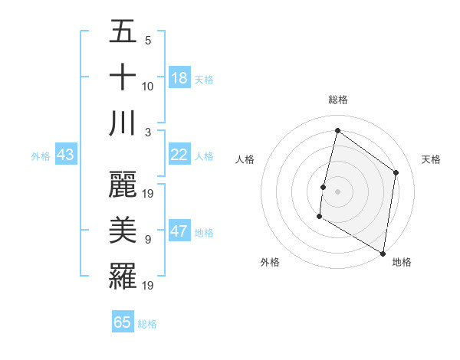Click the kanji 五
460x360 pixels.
click(x=123, y=32)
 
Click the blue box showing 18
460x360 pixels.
click(x=179, y=77)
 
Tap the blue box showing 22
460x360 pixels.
click(x=179, y=154)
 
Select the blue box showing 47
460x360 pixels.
click(x=179, y=231)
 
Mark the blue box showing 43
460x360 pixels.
click(x=65, y=154)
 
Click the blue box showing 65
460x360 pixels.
click(x=123, y=322)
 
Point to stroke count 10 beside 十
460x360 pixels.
click(x=148, y=87)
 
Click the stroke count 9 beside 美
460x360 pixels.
click(x=148, y=240)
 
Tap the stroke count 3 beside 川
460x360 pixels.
click(x=148, y=132)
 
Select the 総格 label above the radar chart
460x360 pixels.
click(x=337, y=100)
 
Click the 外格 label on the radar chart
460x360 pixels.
click(x=270, y=262)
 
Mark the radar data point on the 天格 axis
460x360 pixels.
click(x=396, y=172)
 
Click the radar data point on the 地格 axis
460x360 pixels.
click(x=383, y=253)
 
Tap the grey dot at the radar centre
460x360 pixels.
click(x=337, y=191)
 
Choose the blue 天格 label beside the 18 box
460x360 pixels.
click(x=204, y=79)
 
